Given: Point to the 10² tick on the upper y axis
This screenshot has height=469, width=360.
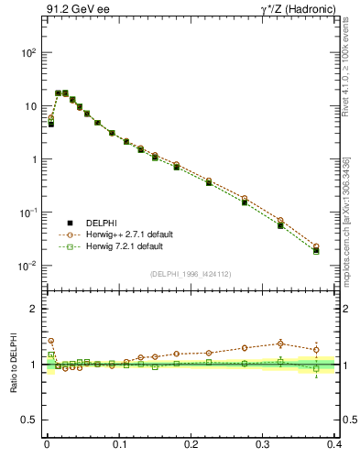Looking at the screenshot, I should tap(28, 53).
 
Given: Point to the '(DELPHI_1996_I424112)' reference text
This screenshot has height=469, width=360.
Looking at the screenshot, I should tap(190, 274).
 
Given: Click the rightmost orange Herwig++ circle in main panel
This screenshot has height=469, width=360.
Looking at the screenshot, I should tap(316, 246).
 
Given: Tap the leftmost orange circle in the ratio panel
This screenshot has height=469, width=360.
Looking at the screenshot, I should tap(51, 341).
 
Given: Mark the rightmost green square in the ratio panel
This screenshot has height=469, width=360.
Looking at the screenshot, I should tap(316, 368).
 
